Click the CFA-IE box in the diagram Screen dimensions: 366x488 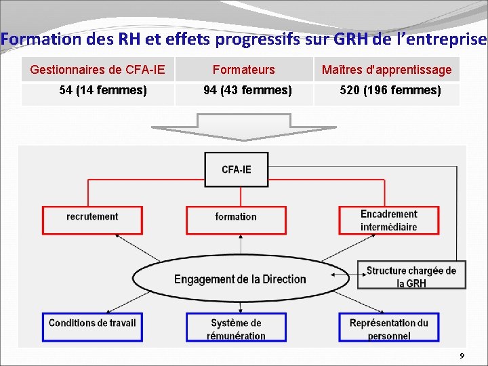click(x=236, y=169)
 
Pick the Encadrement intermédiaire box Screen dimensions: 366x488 click(x=389, y=220)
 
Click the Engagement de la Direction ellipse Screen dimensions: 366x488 click(x=240, y=279)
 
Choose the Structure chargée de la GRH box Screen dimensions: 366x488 click(x=411, y=277)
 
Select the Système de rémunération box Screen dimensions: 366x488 click(x=236, y=329)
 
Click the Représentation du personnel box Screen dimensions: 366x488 click(x=389, y=329)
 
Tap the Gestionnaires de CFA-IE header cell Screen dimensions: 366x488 click(x=98, y=69)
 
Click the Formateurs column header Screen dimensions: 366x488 click(x=244, y=69)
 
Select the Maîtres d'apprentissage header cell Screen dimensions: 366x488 click(x=386, y=69)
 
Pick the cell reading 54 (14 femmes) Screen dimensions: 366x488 click(x=103, y=90)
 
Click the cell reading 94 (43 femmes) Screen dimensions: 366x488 click(x=248, y=90)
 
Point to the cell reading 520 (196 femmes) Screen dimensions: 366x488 click(x=390, y=90)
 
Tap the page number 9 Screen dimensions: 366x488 click(x=462, y=356)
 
